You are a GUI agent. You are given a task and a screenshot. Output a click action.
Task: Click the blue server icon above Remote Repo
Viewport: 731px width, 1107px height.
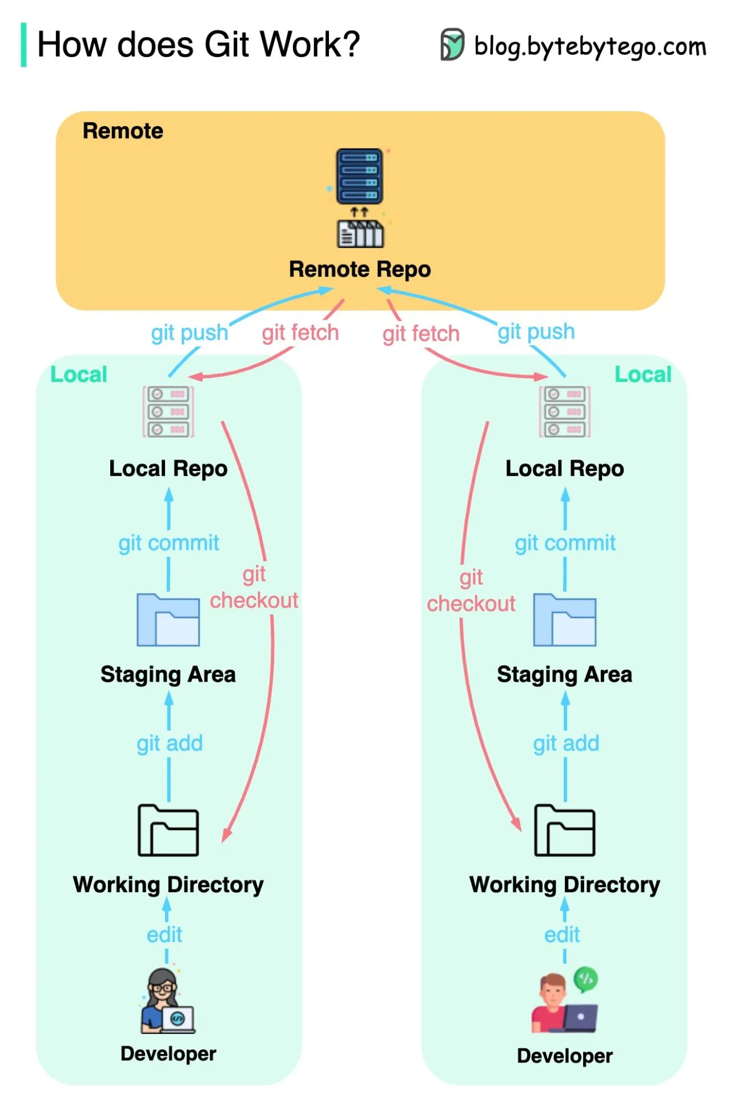359,176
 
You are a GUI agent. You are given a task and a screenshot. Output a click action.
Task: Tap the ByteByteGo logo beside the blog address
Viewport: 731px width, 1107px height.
452,45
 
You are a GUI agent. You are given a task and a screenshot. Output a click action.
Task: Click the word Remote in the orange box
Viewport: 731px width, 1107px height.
123,131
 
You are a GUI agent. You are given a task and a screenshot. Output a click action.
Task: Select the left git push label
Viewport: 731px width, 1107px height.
189,332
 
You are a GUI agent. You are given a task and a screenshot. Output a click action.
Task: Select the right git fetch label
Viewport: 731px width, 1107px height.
421,333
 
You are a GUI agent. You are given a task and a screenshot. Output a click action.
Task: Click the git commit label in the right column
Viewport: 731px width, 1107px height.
565,542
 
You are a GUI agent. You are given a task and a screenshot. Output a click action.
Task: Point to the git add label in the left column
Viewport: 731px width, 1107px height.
170,743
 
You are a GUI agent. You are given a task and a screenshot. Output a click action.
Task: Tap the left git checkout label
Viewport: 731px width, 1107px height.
254,587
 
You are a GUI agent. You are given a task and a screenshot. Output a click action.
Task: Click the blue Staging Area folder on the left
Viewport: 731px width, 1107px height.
168,620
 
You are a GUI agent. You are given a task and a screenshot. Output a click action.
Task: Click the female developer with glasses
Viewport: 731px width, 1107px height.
166,1001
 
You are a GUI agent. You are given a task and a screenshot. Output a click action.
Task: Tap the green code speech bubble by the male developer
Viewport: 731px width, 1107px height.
585,979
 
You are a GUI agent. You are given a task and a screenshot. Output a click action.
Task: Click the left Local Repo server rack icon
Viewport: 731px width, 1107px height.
168,412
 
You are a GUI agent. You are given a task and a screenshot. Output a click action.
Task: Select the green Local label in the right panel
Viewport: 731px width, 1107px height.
642,375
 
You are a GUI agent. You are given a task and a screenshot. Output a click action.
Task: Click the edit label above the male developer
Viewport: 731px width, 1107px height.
562,935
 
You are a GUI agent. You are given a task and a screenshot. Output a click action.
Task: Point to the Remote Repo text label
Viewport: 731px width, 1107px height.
360,269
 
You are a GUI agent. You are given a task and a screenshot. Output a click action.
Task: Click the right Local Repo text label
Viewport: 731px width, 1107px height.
564,468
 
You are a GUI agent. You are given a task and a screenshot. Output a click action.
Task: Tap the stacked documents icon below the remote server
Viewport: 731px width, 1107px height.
360,234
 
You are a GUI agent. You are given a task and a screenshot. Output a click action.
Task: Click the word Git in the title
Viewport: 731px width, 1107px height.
228,45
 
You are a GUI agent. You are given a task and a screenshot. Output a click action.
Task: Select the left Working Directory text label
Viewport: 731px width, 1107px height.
168,884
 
